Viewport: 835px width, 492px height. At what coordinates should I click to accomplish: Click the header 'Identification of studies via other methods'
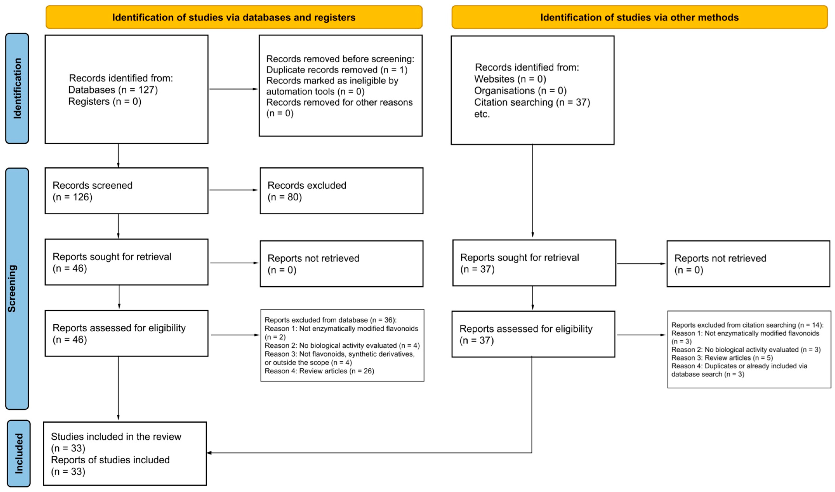click(640, 17)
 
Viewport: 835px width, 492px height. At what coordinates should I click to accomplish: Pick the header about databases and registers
click(234, 17)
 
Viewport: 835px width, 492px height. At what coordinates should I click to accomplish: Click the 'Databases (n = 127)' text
click(113, 90)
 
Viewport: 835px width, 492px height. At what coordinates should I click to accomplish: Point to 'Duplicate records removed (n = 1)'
click(337, 70)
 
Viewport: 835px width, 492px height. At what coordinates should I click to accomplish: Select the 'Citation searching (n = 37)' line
click(532, 102)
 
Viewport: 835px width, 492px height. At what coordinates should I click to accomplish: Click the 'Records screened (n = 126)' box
click(127, 191)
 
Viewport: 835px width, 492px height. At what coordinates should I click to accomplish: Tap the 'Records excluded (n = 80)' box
click(342, 191)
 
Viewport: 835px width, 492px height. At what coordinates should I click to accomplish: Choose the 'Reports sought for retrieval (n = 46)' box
click(127, 262)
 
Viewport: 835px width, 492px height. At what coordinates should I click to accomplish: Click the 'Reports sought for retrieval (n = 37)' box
click(534, 263)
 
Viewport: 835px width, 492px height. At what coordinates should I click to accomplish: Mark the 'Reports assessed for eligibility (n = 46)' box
click(127, 333)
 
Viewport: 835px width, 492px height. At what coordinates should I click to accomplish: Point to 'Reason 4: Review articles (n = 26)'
click(319, 371)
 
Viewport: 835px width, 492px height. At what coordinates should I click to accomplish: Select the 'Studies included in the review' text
click(116, 437)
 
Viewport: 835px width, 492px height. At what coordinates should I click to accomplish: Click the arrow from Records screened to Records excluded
click(234, 190)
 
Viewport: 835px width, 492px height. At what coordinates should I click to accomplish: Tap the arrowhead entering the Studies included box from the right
click(209, 453)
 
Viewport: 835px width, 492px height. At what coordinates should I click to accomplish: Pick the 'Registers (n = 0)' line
click(105, 101)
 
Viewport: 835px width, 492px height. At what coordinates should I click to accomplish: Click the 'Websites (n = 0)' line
click(510, 79)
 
